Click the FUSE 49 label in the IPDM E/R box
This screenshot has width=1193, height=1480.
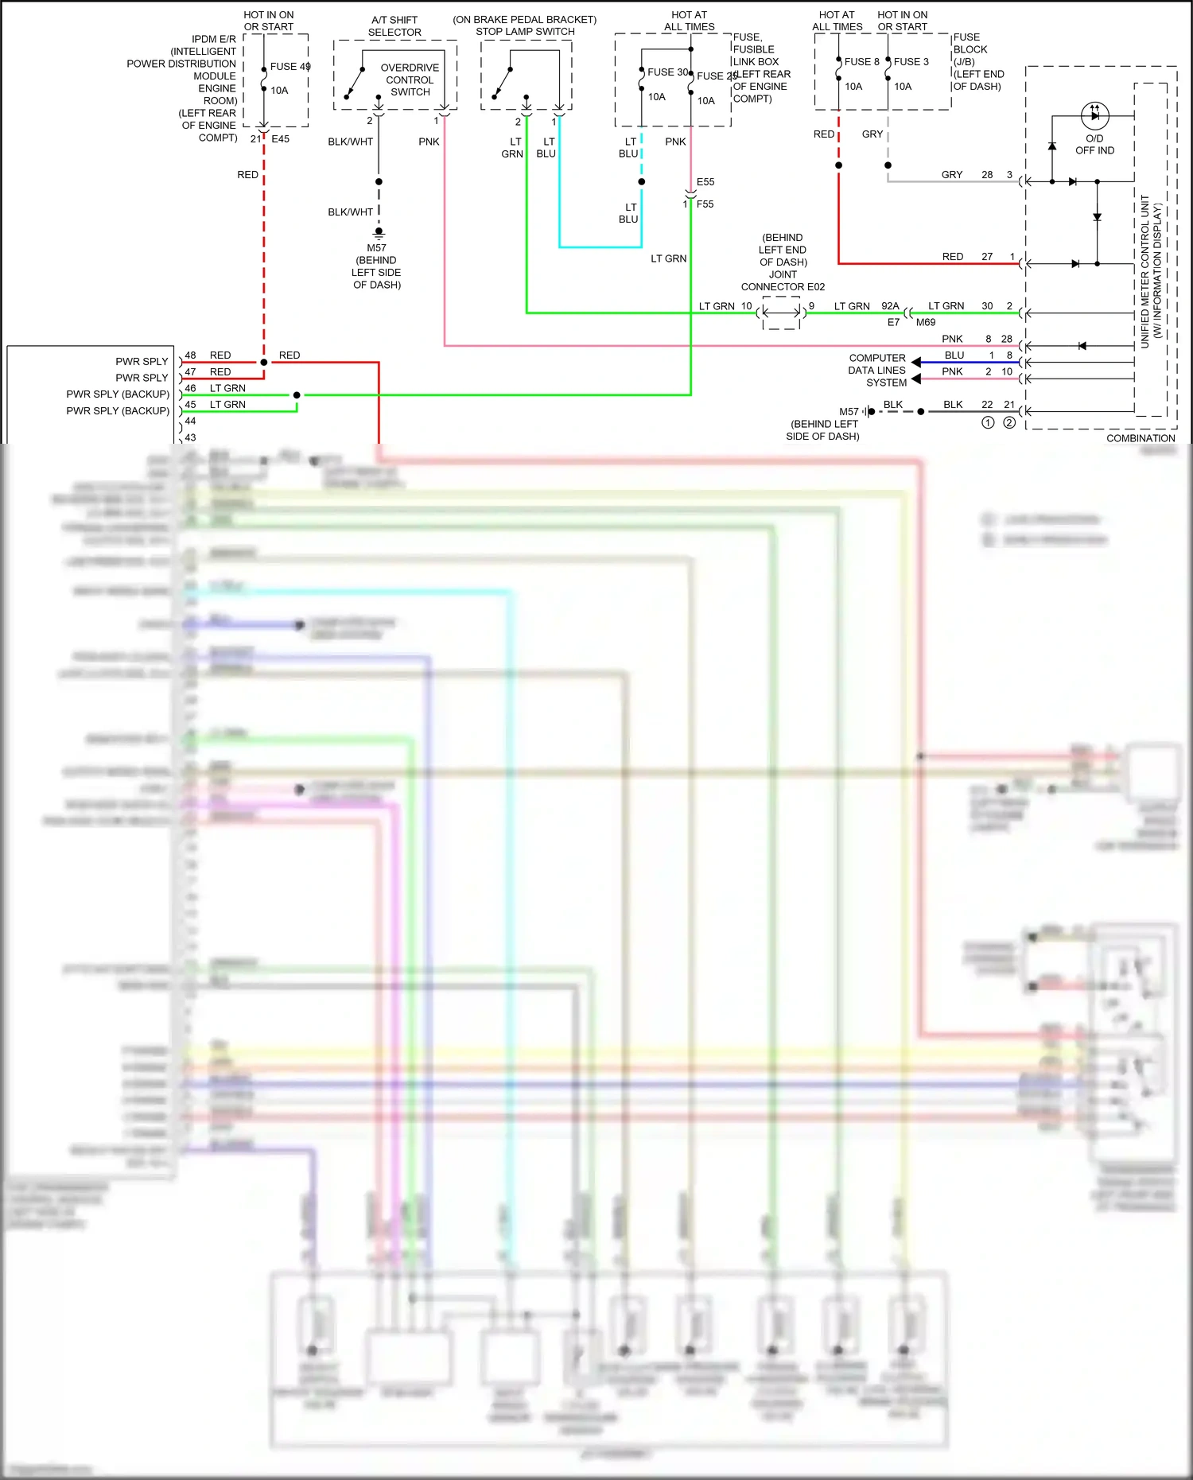(290, 67)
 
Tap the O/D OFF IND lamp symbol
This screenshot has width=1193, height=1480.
(1095, 115)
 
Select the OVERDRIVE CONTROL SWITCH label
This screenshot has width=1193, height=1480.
(410, 80)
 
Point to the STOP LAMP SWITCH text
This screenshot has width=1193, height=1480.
(525, 32)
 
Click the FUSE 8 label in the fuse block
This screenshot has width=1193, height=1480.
(861, 61)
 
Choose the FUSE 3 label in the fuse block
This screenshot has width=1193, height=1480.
(911, 61)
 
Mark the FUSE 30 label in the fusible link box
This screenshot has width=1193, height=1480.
(667, 72)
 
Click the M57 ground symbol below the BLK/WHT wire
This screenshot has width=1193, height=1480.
(379, 233)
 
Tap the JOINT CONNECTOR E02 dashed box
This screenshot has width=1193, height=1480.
(781, 313)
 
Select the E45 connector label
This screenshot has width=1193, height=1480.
(281, 138)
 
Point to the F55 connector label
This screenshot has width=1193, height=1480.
(705, 204)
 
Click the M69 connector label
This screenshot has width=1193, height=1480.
(926, 322)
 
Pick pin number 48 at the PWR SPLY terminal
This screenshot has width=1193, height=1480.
(191, 355)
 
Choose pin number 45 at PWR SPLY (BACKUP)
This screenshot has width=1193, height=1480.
(191, 405)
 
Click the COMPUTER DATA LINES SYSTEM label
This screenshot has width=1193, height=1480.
(877, 371)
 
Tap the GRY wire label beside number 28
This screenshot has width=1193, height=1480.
(952, 175)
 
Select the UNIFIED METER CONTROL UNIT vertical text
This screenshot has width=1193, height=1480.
(1145, 271)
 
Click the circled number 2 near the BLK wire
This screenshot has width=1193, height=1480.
(1009, 423)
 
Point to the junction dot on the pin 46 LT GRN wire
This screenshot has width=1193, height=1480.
(297, 395)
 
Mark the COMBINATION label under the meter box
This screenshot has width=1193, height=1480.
(1141, 438)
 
